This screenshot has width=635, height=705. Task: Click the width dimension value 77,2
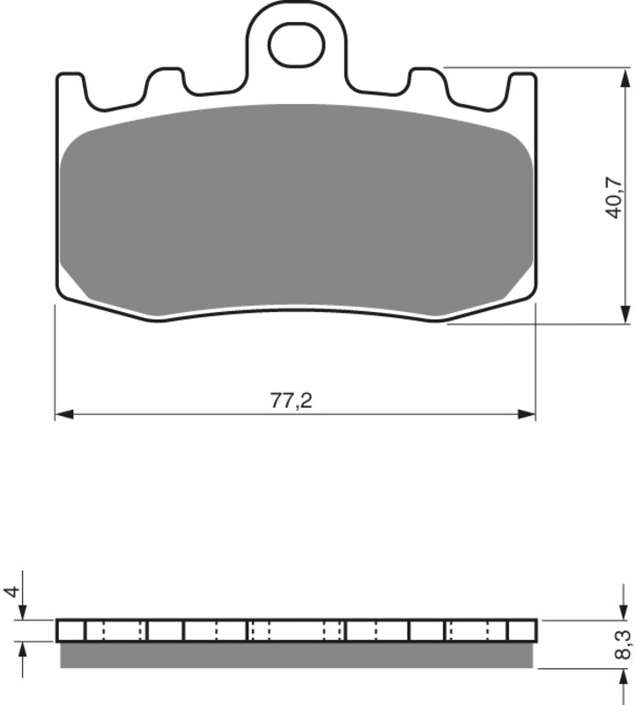292,401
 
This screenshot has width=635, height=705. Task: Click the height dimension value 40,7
614,196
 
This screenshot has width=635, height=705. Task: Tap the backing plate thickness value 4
11,590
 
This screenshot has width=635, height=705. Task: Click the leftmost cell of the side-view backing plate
70,630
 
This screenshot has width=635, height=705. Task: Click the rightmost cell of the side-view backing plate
521,630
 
